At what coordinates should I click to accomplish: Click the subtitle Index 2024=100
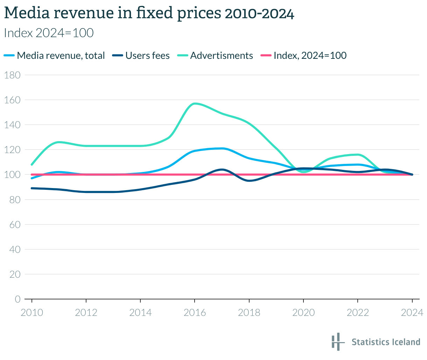tap(49, 33)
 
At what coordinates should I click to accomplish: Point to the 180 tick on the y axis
tap(12, 75)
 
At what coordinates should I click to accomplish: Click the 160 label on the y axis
tap(12, 100)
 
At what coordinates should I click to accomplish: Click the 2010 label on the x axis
tap(32, 312)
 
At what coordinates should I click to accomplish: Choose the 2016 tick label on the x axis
tap(195, 312)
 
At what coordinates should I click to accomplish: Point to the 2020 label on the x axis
tap(303, 312)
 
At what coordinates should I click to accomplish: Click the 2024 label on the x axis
tap(412, 312)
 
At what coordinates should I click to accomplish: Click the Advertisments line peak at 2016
tap(195, 104)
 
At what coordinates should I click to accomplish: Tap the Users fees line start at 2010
tap(32, 188)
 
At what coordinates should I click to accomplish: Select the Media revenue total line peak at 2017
tap(222, 148)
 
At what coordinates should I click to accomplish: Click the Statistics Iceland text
tap(386, 342)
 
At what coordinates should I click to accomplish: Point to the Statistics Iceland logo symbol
tap(336, 341)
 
